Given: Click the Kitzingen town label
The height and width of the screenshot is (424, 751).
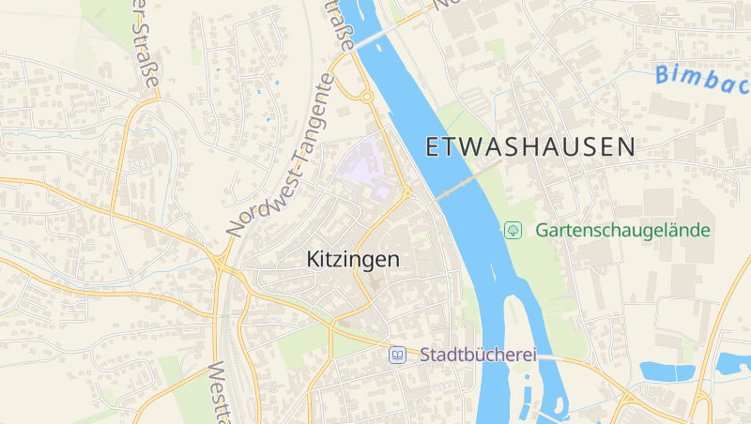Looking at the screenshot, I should click(353, 260).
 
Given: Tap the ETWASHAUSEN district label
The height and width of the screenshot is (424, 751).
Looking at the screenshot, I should click(530, 146).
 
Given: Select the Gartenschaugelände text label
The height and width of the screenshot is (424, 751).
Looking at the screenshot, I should click(623, 230).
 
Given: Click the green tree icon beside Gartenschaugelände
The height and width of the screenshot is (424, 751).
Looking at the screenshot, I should click(513, 229).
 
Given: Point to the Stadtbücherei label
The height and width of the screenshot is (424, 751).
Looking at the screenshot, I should click(478, 355).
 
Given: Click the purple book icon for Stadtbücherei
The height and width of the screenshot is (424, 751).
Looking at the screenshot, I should click(398, 355).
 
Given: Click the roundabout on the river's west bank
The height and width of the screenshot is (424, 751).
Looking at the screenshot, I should click(366, 96).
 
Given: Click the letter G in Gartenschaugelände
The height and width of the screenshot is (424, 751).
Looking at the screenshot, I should click(542, 230).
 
